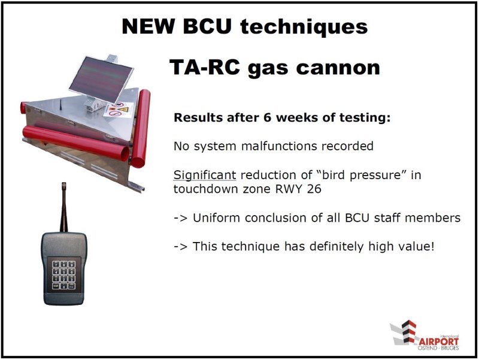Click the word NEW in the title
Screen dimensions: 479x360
tap(148, 26)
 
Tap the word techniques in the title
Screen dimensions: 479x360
tap(304, 26)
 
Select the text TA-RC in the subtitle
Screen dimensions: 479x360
tap(204, 67)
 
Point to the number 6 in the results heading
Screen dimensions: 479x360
tap(267, 117)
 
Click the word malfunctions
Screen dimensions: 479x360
tap(280, 146)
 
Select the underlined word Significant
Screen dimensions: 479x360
tap(205, 175)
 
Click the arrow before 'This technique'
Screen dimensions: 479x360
tap(180, 247)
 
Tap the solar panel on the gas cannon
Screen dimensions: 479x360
tap(101, 79)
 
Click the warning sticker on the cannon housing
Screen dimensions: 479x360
tap(119, 110)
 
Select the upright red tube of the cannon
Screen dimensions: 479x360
tap(141, 128)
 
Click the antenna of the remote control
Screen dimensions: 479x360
tap(64, 207)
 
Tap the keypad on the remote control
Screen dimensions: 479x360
tap(64, 274)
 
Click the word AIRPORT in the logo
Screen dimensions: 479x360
tap(439, 341)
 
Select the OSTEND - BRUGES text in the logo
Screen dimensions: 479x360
tap(438, 348)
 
